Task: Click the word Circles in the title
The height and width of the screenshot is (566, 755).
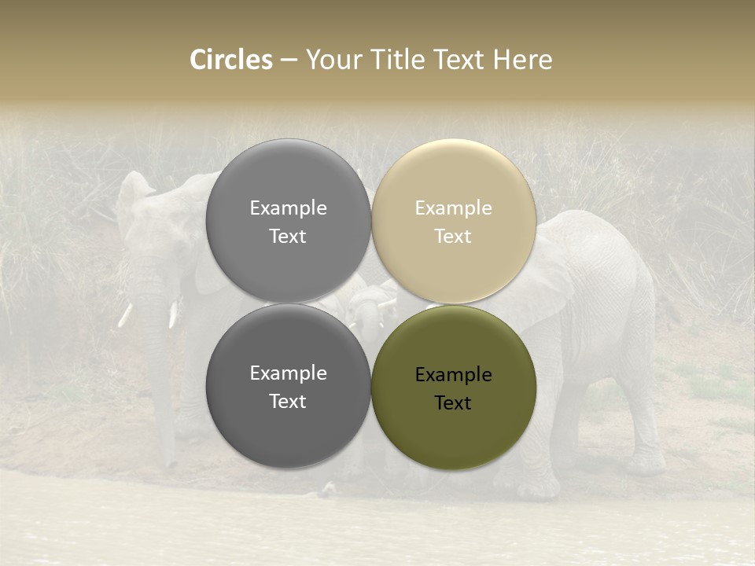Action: pos(231,60)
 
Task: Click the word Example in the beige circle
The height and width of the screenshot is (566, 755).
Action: pos(453,208)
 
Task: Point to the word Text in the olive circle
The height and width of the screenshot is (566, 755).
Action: pos(453,403)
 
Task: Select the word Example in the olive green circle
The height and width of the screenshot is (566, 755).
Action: pos(453,375)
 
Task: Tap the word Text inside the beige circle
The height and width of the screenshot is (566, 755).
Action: pos(453,237)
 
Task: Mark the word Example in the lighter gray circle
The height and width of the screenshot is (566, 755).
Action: pos(288,208)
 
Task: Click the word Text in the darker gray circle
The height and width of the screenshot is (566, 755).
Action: pos(288,402)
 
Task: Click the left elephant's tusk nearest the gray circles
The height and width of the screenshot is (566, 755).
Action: pos(173,313)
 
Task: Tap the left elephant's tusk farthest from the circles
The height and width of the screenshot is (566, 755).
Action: pos(124,314)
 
